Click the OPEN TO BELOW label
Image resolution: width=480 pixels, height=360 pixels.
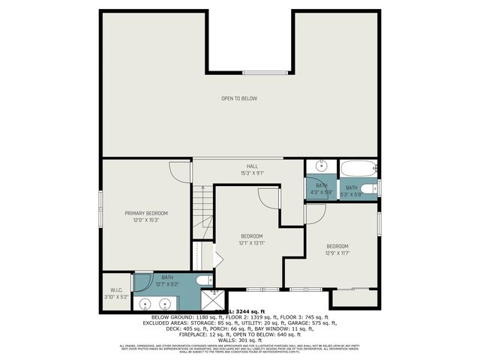click(239, 98)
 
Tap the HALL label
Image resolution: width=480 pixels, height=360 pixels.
click(252, 166)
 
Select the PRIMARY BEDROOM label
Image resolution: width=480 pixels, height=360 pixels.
click(146, 213)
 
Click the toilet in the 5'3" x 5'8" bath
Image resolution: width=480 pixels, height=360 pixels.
click(367, 188)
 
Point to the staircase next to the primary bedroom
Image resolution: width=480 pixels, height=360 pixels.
click(200, 214)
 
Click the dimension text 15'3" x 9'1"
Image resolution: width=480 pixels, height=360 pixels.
click(252, 173)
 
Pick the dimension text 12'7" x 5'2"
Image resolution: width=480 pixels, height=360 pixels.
click(166, 283)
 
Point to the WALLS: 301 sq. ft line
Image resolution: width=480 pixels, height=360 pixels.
click(239, 338)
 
